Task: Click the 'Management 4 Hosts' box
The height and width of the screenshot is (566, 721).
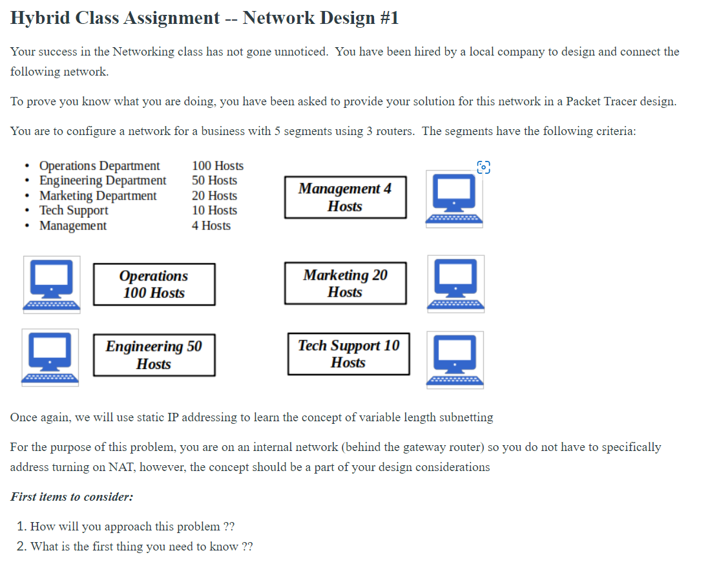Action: click(x=345, y=198)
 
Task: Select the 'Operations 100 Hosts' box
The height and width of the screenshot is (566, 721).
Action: click(x=154, y=284)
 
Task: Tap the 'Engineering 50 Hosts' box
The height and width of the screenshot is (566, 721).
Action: click(x=154, y=355)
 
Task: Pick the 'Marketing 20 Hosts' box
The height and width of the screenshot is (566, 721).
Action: click(x=345, y=283)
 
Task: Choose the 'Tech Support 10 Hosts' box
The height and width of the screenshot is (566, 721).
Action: click(x=348, y=353)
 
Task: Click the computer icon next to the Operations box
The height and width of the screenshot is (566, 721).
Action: click(x=52, y=285)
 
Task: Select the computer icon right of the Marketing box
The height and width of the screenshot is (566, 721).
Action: click(x=455, y=284)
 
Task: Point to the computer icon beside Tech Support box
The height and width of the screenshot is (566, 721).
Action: click(x=455, y=360)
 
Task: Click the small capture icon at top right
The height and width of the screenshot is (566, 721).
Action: click(x=483, y=167)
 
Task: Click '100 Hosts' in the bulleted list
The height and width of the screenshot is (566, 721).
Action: click(x=218, y=166)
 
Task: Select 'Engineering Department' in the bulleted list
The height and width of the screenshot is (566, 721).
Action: click(x=103, y=181)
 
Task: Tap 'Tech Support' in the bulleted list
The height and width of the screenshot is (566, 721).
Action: click(x=74, y=211)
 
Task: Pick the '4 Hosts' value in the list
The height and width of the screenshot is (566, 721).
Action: click(x=211, y=225)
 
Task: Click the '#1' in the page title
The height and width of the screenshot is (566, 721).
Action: click(x=386, y=18)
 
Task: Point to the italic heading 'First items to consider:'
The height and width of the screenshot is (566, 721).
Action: click(x=72, y=497)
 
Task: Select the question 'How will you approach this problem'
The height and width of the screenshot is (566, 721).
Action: click(x=126, y=526)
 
